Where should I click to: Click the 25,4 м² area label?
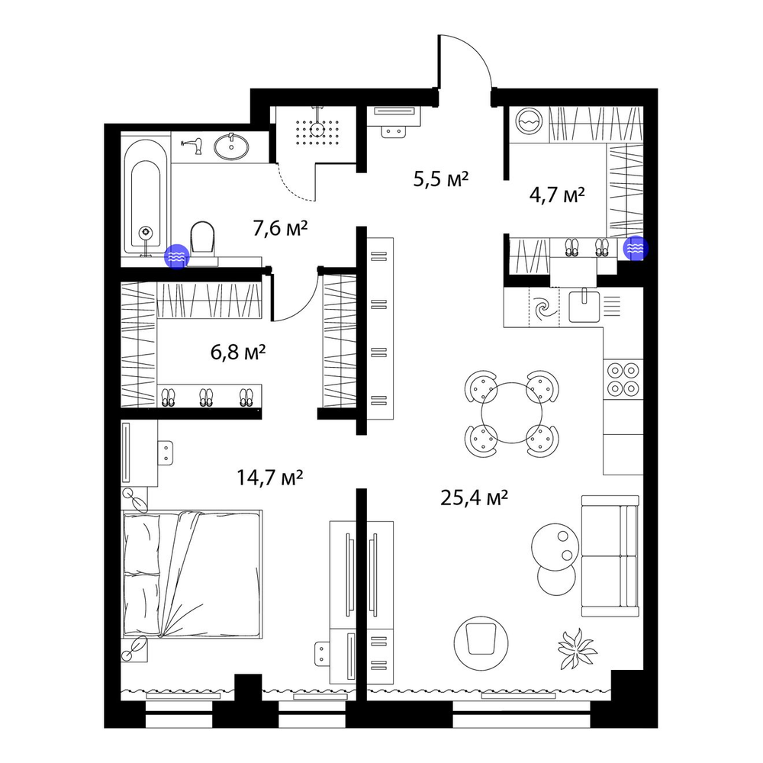click(475, 497)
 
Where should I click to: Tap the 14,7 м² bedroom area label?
click(269, 478)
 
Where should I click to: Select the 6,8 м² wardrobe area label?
click(238, 351)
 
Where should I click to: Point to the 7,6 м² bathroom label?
click(280, 227)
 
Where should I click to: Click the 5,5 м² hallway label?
click(441, 179)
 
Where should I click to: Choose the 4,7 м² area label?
click(557, 195)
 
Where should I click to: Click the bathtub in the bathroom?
click(146, 197)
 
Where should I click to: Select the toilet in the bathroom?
click(203, 242)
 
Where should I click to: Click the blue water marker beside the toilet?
click(177, 256)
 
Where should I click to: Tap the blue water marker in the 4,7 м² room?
click(636, 249)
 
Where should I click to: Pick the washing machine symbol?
click(530, 121)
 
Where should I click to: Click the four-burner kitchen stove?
click(623, 378)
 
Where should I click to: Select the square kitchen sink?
click(584, 305)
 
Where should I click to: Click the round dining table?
click(511, 413)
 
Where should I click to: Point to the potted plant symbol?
click(577, 649)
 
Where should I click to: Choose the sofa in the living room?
click(610, 555)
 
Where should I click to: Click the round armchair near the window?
click(481, 640)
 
